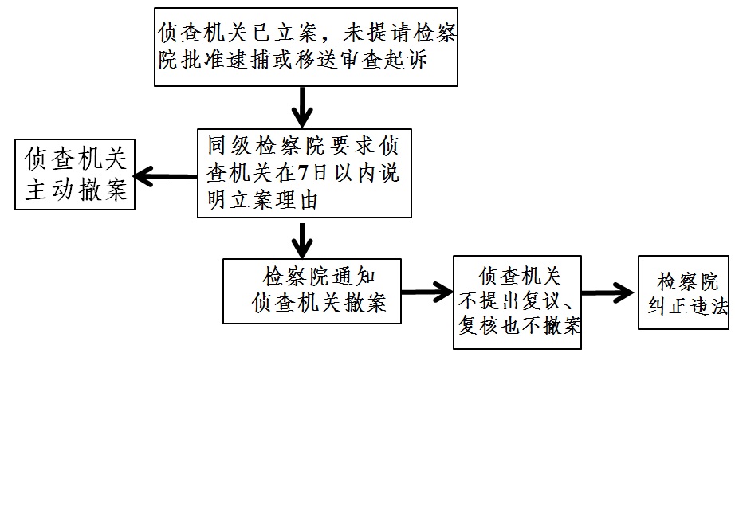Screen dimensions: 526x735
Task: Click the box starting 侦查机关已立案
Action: pos(305,45)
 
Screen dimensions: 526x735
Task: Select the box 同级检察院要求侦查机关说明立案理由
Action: pos(304,172)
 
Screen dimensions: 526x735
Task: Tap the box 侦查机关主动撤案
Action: pos(74,175)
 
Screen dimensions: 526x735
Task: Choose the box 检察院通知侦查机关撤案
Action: pos(311,290)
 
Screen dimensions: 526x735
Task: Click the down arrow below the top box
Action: pos(302,106)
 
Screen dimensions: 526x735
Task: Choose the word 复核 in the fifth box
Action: pos(478,327)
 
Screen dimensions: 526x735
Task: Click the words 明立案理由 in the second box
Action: pos(262,200)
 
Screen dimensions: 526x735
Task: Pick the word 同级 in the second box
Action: pos(230,146)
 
